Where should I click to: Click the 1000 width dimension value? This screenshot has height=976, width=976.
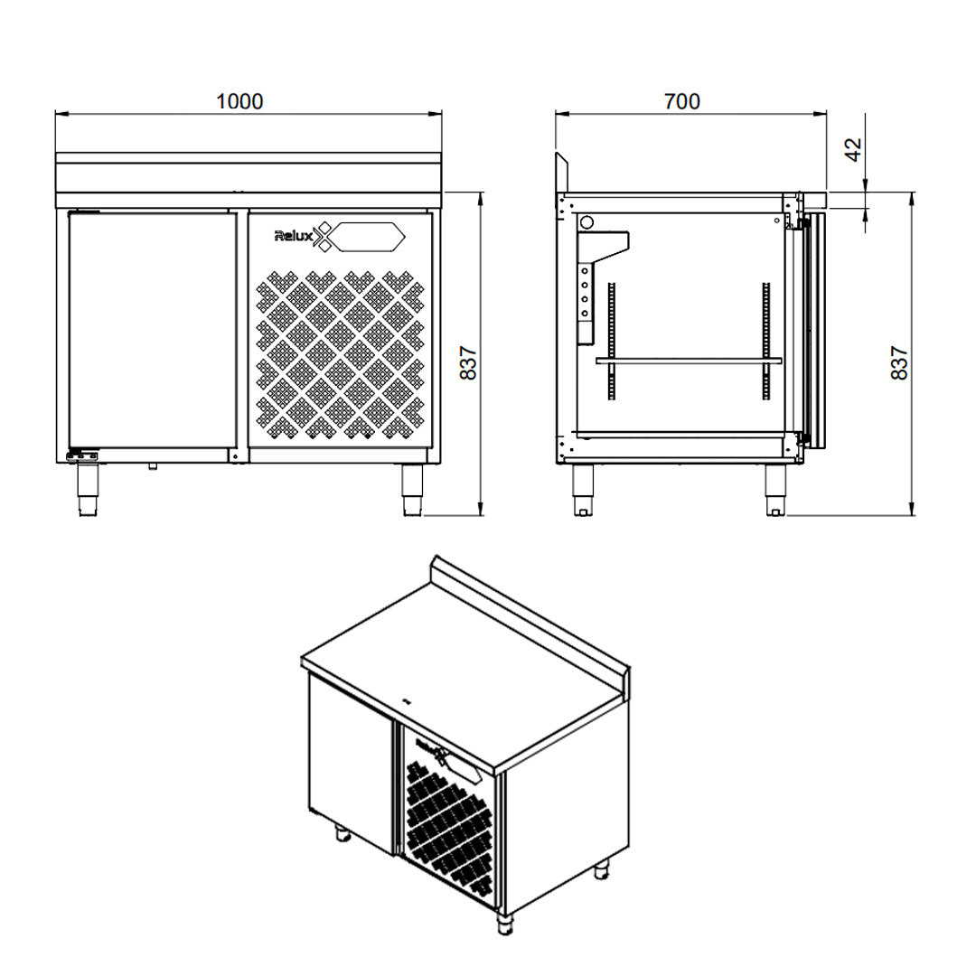coord(239,101)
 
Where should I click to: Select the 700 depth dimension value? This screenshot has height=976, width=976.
coord(682,101)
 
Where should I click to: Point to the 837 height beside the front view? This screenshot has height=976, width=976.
coord(467,363)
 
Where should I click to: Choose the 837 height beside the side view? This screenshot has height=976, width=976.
coord(899,363)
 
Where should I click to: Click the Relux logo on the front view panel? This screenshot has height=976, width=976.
coord(294,237)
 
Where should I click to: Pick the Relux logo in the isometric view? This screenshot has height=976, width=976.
coord(427,749)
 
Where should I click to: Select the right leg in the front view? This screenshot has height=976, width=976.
coord(412,491)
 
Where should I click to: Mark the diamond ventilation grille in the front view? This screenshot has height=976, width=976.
coord(341,355)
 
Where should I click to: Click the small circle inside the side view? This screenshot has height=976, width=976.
coord(587,221)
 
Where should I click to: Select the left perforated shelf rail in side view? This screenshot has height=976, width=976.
coord(612,339)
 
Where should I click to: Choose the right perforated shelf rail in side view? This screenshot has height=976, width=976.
coord(766,339)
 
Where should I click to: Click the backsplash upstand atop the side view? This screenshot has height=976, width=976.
coord(561,173)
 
